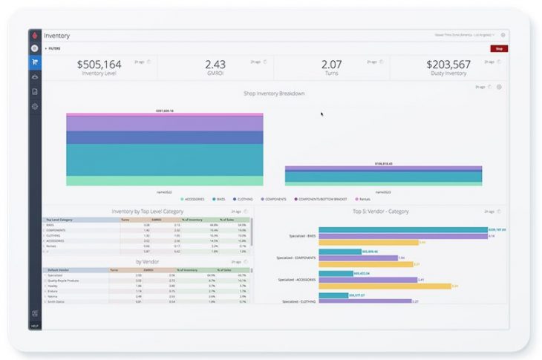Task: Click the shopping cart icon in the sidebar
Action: pos(35,62)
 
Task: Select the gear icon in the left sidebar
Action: pos(35,107)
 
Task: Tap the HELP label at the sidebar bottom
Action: pos(35,325)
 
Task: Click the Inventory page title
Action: pos(57,36)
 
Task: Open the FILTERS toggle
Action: pos(54,49)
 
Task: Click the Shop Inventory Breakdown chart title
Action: pos(274,94)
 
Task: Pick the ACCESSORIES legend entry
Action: pos(195,199)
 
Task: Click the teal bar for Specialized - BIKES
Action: pos(402,230)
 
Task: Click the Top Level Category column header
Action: pos(59,220)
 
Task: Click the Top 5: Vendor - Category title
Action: pos(380,212)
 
